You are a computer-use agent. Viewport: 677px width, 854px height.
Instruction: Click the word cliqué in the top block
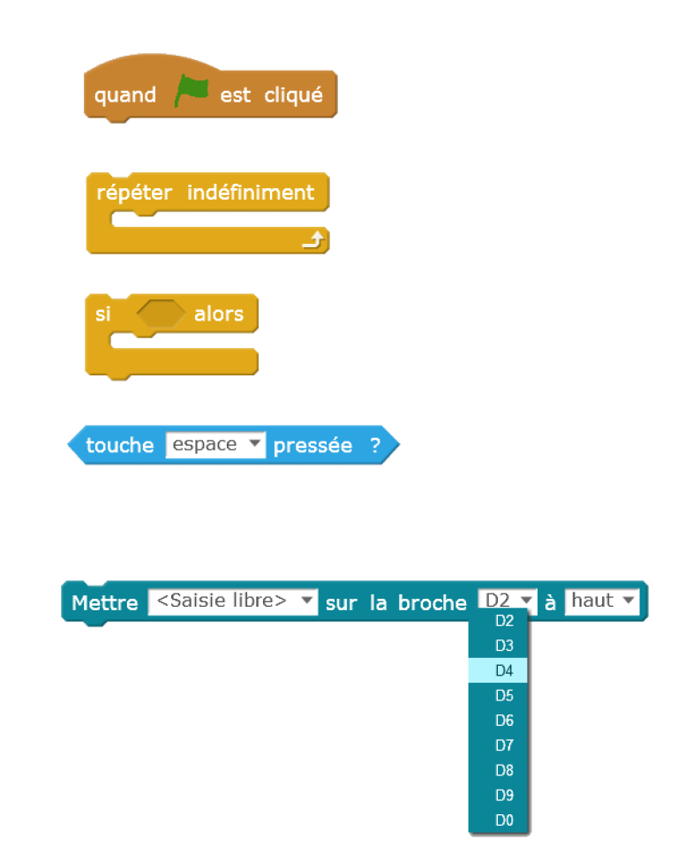(294, 94)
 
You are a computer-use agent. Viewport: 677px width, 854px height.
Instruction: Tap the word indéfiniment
(251, 192)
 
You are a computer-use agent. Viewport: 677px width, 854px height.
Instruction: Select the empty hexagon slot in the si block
(161, 314)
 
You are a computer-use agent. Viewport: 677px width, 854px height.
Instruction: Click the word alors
(219, 314)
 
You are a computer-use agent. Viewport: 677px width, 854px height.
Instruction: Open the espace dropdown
(215, 444)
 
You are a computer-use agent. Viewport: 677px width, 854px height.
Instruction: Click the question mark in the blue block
(375, 445)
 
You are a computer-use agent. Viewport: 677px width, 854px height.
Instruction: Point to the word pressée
(312, 445)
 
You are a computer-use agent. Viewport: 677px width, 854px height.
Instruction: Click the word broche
(433, 602)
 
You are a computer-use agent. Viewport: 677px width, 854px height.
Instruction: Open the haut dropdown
(602, 601)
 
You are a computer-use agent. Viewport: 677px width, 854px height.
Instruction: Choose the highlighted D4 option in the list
(504, 670)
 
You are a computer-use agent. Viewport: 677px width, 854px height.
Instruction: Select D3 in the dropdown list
(504, 646)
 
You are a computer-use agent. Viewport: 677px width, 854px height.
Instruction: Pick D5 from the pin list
(504, 695)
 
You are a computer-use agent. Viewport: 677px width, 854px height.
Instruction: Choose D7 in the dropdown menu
(504, 745)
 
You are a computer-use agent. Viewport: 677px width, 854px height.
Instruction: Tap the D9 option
(504, 795)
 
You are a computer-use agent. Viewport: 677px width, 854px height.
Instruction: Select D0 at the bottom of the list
(504, 820)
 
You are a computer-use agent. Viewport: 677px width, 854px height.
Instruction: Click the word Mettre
(104, 602)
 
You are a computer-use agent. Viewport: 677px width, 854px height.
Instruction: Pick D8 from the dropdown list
(504, 770)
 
